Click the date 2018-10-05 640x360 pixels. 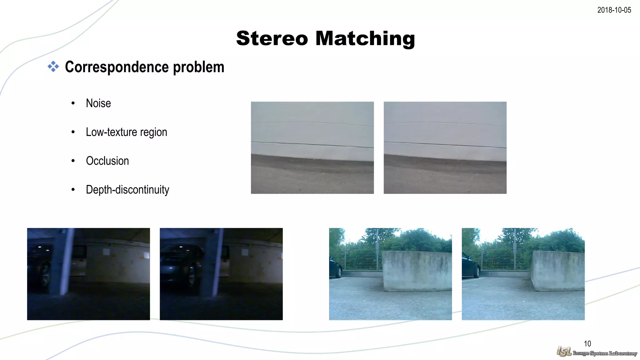[614, 10]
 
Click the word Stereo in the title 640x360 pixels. [272, 38]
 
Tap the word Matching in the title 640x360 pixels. [365, 38]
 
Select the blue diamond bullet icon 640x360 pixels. [53, 67]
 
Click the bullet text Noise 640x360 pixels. [98, 103]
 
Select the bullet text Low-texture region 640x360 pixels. [126, 132]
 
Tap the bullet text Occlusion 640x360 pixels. [107, 161]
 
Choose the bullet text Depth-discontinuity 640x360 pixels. [127, 190]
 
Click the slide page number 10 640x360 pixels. [587, 344]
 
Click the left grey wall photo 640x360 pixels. [312, 147]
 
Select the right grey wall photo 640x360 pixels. [445, 147]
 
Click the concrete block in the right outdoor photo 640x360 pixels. [558, 270]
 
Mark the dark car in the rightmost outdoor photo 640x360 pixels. [470, 267]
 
